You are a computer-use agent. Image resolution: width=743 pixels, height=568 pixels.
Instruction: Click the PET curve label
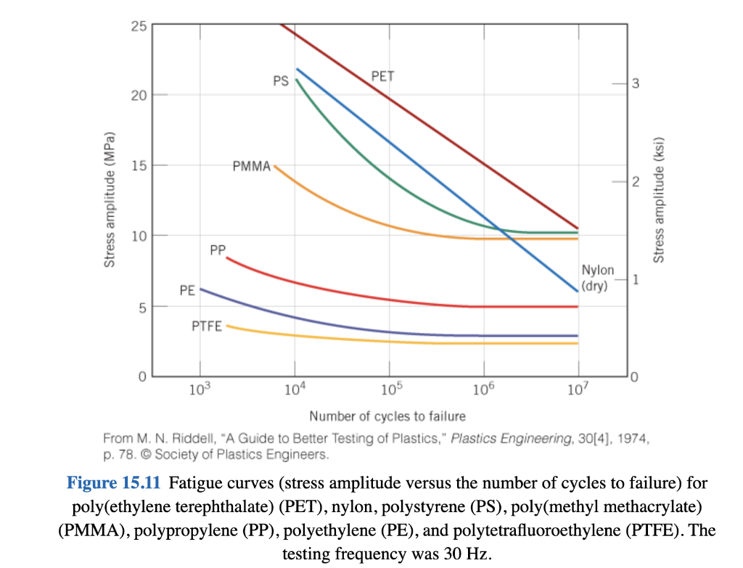pos(382,75)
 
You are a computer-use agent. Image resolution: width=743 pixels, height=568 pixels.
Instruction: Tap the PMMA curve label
pos(252,167)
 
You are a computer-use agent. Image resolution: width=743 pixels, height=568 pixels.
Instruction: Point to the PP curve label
pos(218,250)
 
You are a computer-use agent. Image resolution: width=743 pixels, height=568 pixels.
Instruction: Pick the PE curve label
pos(187,290)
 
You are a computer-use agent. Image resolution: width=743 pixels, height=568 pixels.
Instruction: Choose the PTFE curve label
pos(207,326)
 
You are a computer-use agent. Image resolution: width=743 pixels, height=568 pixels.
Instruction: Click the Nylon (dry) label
pos(597,278)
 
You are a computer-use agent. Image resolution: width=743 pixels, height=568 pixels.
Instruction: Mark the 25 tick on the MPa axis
pos(139,27)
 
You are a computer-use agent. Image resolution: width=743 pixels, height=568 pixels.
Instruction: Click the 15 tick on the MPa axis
pos(139,165)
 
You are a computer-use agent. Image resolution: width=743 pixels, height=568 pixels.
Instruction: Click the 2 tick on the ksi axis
pos(635,182)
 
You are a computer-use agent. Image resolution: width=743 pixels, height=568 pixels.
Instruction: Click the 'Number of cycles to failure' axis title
pos(387,416)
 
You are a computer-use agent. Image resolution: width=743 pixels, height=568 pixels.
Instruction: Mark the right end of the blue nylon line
pos(578,291)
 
